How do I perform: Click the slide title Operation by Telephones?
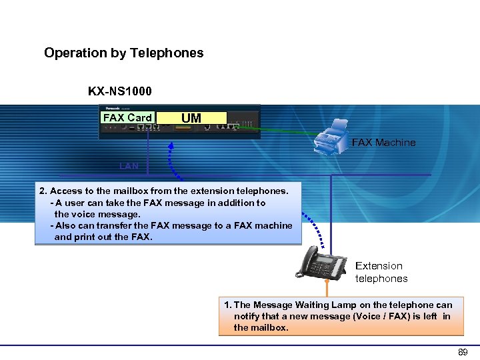click(123, 53)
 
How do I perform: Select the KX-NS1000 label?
click(120, 91)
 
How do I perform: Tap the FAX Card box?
click(127, 118)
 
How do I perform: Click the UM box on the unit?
click(191, 118)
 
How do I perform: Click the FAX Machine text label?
click(383, 142)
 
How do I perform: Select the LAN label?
click(129, 165)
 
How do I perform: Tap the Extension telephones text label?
click(381, 272)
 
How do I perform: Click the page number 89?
click(463, 351)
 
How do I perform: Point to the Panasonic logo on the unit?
click(111, 107)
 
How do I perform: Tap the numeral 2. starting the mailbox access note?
click(43, 191)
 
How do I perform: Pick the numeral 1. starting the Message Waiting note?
click(228, 305)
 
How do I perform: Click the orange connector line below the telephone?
click(327, 287)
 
